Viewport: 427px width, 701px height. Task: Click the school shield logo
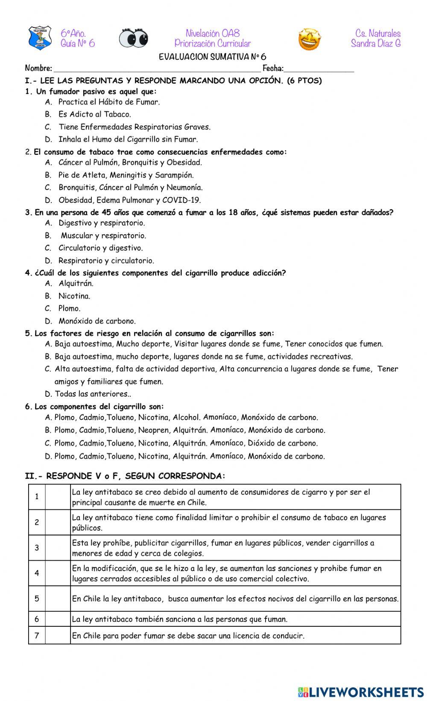39,38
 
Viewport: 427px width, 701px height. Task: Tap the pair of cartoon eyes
133,38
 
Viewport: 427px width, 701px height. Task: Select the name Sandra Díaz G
375,44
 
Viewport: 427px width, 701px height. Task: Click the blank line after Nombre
156,69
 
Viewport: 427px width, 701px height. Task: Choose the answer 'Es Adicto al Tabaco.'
94,114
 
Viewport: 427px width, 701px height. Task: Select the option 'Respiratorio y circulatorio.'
106,261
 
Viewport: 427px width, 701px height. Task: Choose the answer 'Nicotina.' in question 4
74,296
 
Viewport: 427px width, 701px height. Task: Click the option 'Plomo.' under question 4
69,308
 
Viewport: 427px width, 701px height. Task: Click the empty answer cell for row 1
58,497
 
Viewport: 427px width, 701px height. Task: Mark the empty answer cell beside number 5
58,599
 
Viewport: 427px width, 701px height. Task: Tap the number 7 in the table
37,636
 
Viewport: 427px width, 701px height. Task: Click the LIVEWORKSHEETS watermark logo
361,692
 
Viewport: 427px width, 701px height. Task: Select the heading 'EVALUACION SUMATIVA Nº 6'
212,57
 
